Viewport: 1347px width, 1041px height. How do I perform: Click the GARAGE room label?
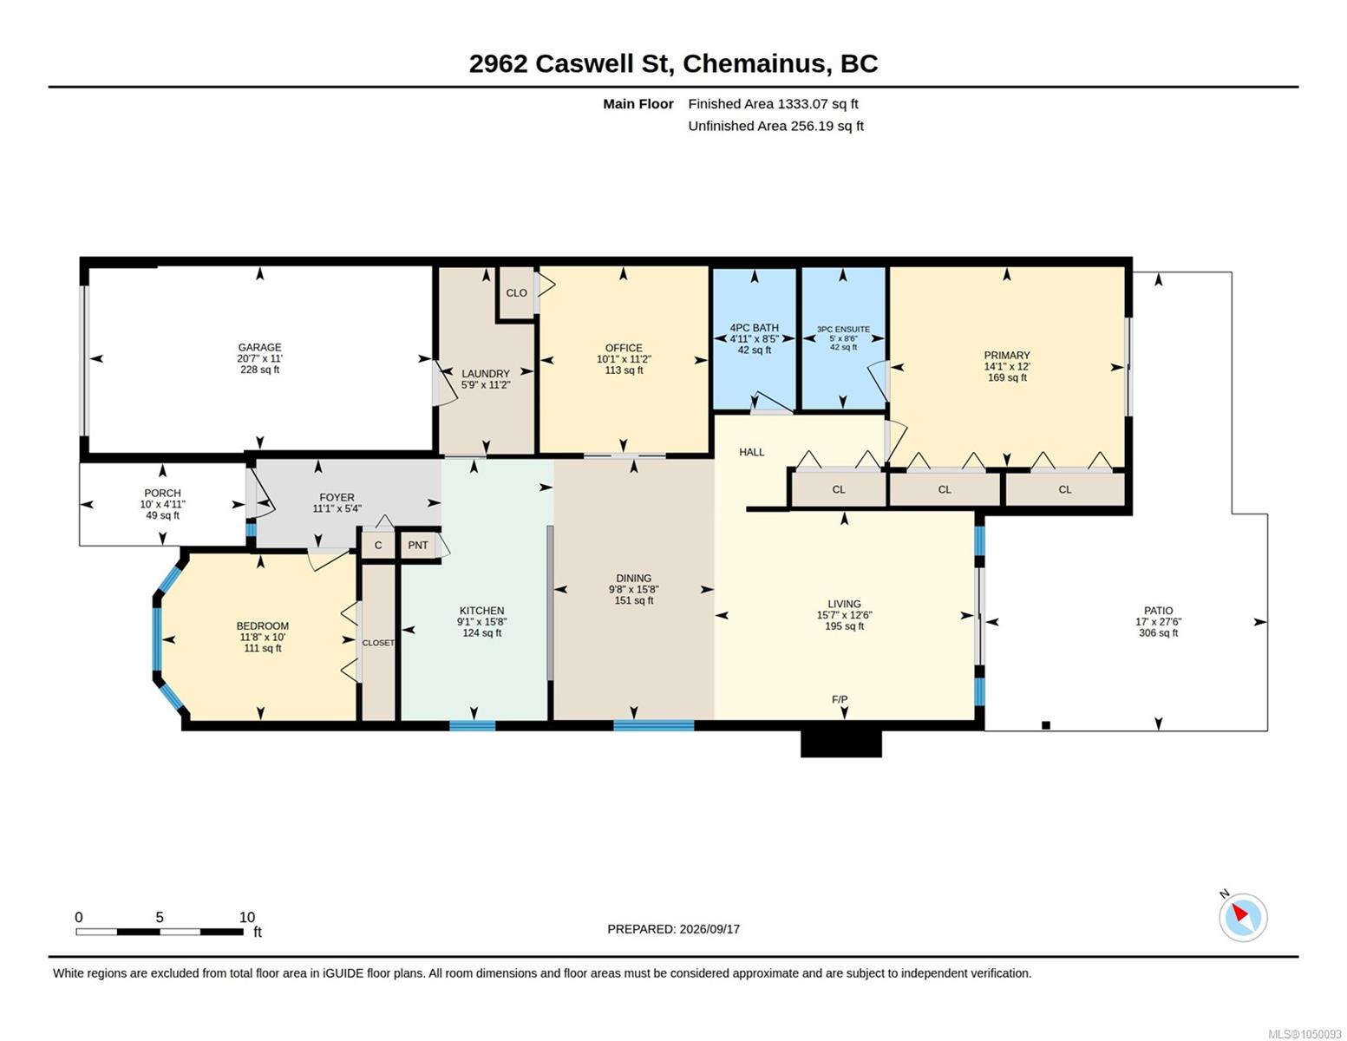(x=259, y=347)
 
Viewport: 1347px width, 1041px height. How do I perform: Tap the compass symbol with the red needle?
(x=1242, y=917)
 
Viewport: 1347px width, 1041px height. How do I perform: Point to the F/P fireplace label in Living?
(x=840, y=699)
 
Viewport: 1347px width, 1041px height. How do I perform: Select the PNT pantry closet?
(x=418, y=545)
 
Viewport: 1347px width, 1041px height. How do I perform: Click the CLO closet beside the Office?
(x=516, y=293)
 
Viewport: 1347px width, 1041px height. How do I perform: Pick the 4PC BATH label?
(x=755, y=327)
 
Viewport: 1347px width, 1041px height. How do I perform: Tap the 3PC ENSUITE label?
(x=843, y=330)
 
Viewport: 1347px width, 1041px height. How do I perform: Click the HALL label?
(x=751, y=452)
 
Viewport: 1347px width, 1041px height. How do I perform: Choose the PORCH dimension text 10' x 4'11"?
(x=162, y=505)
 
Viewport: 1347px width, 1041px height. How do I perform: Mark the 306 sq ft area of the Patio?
(x=1158, y=633)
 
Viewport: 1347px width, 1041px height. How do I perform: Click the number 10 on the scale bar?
(x=246, y=917)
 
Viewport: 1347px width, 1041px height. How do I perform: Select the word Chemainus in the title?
(x=755, y=64)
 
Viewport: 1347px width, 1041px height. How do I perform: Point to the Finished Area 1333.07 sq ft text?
(x=773, y=104)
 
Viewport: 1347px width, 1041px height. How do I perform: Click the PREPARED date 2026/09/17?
(x=709, y=929)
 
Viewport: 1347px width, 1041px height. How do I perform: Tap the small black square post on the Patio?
(x=1046, y=725)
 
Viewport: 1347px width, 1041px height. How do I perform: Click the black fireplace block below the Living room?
(x=840, y=743)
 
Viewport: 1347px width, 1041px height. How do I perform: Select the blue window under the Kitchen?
(x=473, y=725)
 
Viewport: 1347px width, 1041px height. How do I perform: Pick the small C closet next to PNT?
(x=378, y=545)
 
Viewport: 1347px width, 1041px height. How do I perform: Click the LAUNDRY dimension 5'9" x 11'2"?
(x=486, y=385)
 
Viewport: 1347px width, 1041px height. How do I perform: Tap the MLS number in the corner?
(x=1304, y=1034)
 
